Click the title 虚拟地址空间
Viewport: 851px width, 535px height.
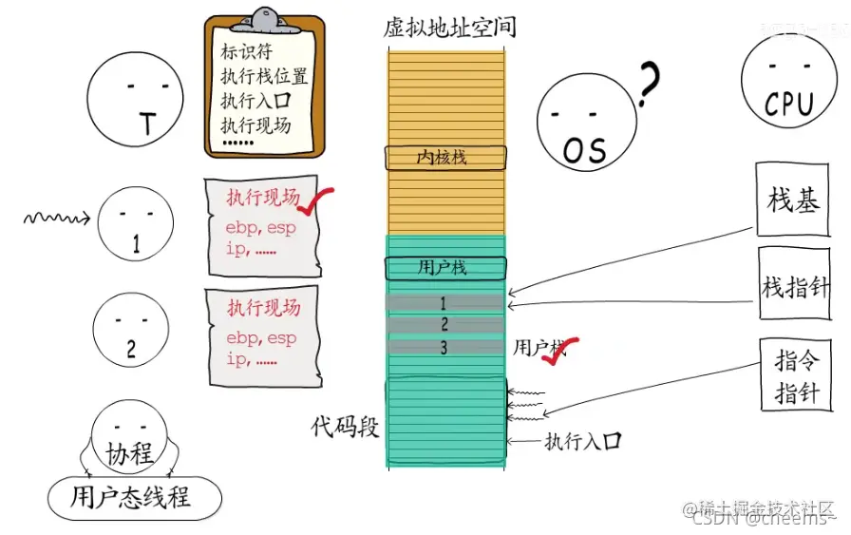pos(449,28)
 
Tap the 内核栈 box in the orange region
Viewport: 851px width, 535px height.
pos(444,157)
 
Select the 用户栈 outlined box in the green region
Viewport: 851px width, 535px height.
pos(444,267)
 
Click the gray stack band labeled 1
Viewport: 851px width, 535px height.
pos(444,303)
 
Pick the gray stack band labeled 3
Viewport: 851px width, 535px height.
pos(444,347)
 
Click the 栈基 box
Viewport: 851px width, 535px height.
pos(792,200)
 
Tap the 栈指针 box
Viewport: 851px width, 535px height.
pos(794,285)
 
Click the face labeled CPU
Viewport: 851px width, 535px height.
pos(788,84)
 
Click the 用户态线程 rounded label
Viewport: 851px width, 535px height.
pos(134,497)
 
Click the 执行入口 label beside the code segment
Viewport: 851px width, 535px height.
pos(582,441)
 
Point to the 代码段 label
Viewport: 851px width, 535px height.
pos(345,427)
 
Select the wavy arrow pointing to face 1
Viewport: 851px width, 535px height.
pos(56,220)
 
